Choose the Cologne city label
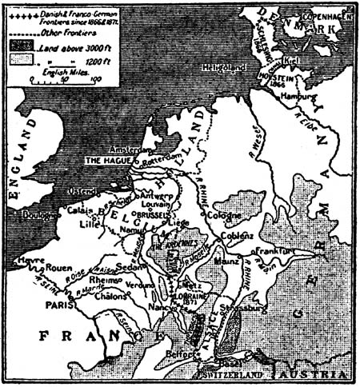click(x=224, y=216)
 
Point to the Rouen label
click(x=63, y=269)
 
